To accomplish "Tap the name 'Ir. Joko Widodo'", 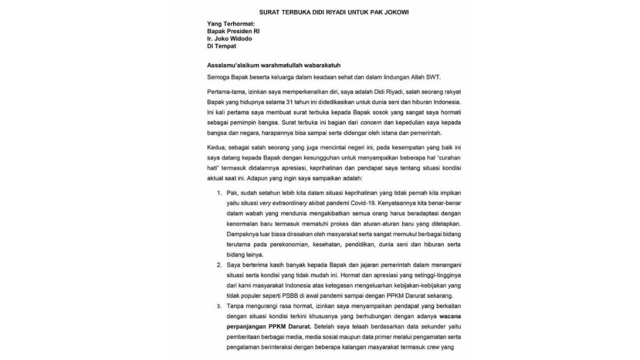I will click(x=230, y=39).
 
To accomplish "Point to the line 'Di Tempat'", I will click(x=222, y=46).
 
